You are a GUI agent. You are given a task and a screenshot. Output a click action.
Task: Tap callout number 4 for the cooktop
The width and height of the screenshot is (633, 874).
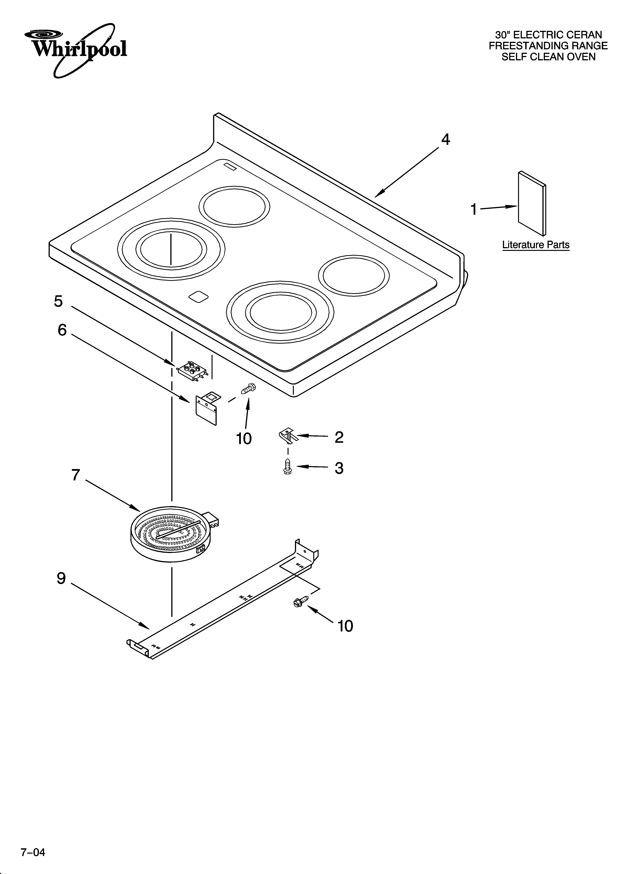click(445, 140)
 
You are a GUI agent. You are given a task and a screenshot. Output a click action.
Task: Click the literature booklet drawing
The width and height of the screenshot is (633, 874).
click(532, 203)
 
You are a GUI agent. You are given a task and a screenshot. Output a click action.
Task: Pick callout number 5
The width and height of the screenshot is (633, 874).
click(58, 301)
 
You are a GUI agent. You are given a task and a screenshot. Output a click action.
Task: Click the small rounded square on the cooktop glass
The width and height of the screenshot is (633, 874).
click(199, 296)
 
